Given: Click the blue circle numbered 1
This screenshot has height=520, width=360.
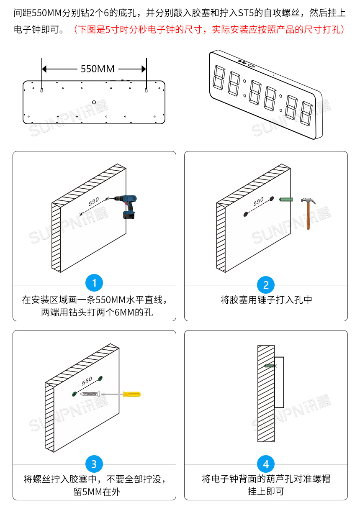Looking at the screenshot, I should (94, 284).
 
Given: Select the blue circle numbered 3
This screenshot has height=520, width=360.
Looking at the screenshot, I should (94, 464).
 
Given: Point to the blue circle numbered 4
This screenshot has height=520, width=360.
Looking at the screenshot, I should (266, 464).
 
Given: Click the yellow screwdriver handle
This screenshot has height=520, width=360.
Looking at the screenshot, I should (131, 394).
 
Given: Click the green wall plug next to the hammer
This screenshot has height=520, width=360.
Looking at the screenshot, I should (285, 200).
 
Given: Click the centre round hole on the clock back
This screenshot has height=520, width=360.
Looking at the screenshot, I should (94, 102).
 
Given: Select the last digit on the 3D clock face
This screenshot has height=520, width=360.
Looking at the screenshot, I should (306, 113).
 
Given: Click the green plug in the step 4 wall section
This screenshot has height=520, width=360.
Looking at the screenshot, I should (270, 366).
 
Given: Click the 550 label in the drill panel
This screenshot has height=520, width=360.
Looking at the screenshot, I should (94, 201).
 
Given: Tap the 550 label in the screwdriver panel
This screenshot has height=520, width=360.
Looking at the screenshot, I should (87, 381).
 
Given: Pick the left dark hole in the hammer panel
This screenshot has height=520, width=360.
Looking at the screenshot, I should (246, 214).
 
